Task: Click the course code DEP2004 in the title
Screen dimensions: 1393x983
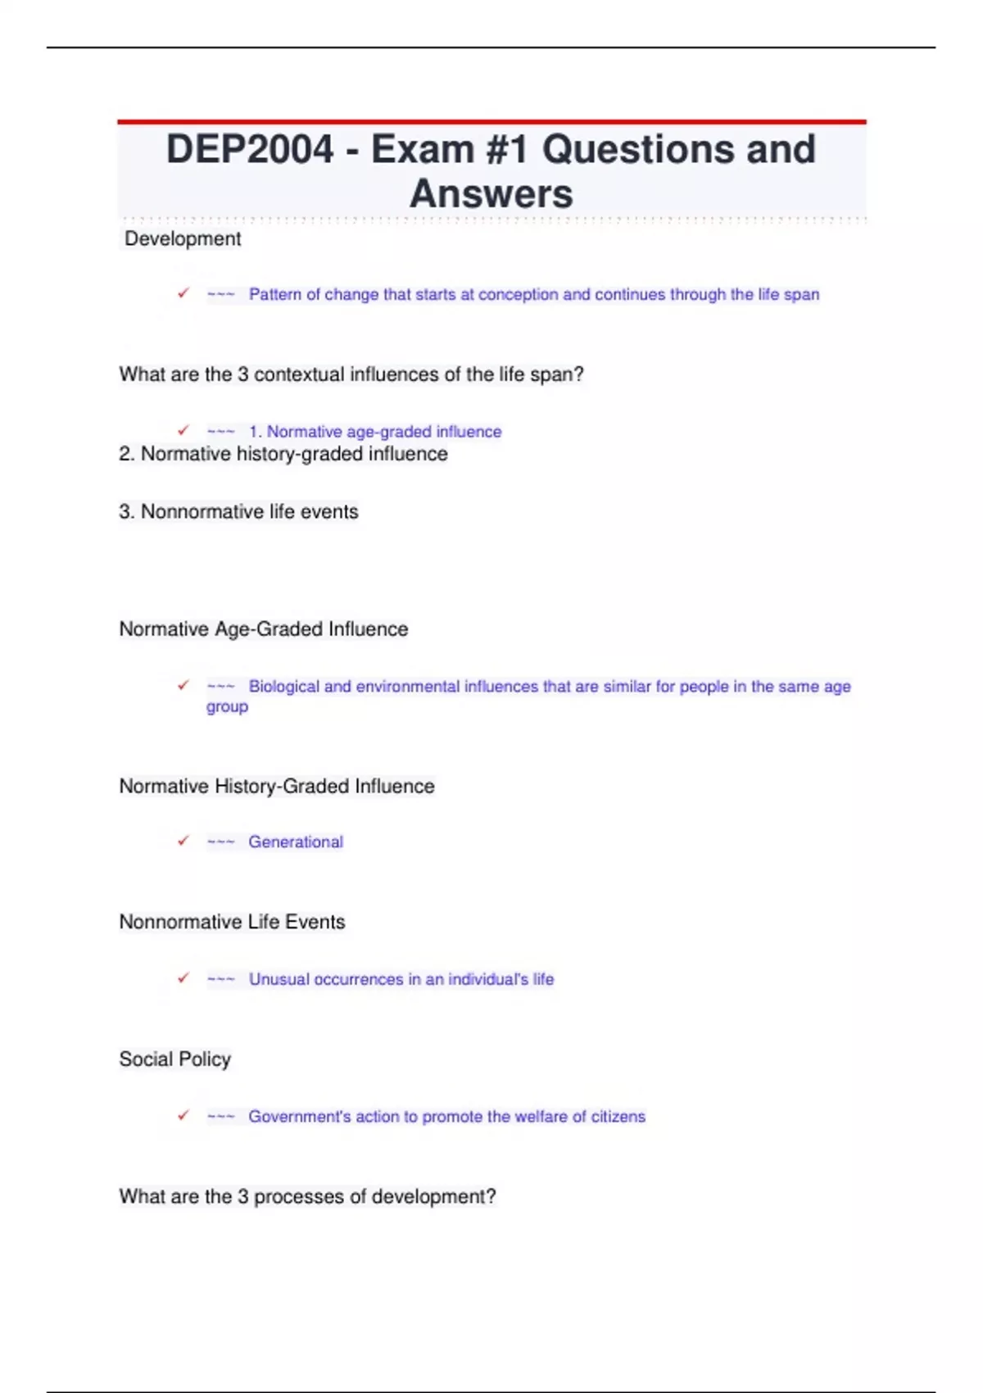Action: (x=250, y=150)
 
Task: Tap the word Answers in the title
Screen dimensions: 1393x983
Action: (x=491, y=194)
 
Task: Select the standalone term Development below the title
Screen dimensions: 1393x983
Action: (x=183, y=239)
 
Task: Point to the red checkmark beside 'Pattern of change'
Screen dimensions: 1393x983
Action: (x=183, y=293)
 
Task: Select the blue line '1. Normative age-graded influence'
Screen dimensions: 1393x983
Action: (x=374, y=432)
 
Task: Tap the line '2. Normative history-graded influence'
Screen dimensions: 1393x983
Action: (x=283, y=454)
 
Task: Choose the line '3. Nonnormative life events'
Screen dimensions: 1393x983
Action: (x=238, y=511)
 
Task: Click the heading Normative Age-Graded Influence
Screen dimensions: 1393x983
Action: (x=264, y=629)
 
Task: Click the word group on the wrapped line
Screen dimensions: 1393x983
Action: (x=227, y=707)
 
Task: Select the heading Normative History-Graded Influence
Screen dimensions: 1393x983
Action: (x=277, y=787)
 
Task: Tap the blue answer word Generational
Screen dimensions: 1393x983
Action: (x=296, y=842)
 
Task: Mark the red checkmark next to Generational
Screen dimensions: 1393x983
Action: (x=183, y=841)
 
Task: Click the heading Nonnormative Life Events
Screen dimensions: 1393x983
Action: (x=232, y=922)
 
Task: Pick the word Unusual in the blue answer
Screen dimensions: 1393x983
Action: (x=279, y=979)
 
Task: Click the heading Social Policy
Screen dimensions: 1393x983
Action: (x=174, y=1059)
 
